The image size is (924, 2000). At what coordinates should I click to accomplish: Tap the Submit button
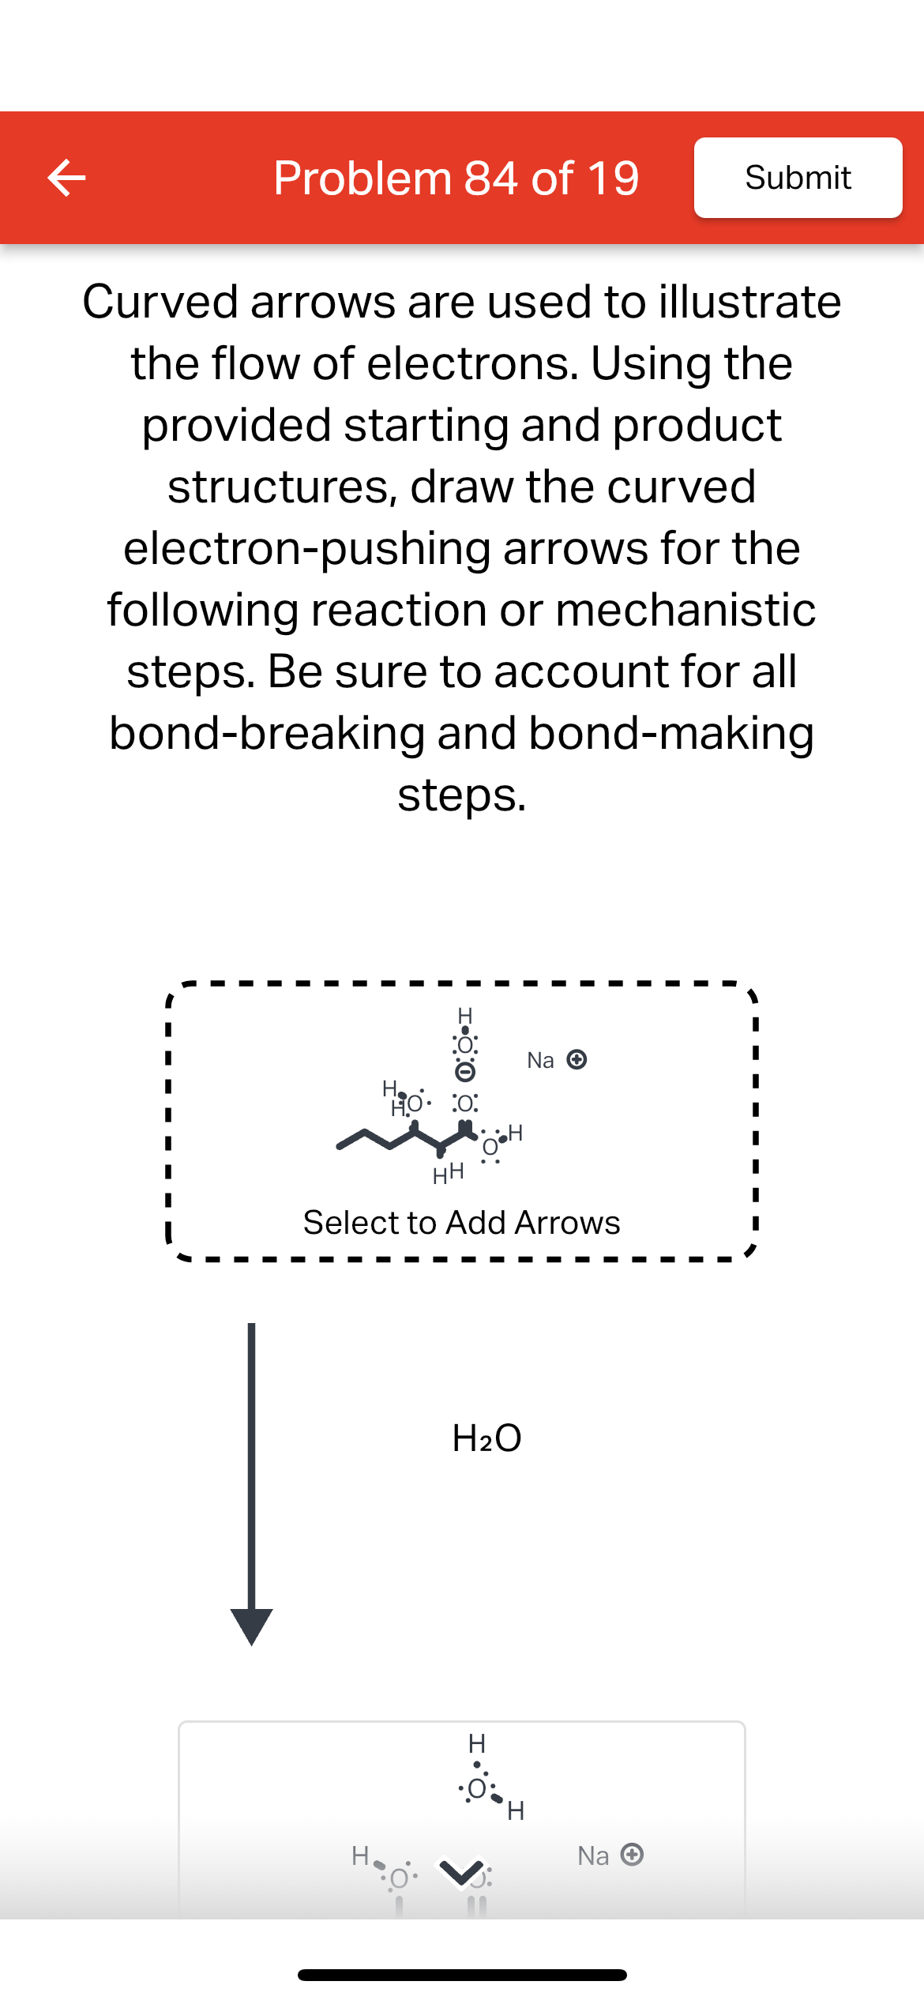798,178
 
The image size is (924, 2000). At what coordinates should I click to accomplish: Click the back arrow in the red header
66,178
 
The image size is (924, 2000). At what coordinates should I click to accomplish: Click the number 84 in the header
490,178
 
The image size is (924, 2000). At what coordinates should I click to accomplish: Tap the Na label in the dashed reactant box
540,1060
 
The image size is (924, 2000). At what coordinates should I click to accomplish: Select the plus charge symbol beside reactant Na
577,1059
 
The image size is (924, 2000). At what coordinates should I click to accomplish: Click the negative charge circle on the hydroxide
466,1072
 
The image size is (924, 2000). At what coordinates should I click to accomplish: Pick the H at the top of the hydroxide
465,1015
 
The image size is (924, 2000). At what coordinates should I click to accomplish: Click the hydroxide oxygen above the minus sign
465,1045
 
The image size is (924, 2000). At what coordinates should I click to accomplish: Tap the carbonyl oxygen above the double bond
465,1103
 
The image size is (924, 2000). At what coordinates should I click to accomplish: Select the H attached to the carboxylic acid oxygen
516,1133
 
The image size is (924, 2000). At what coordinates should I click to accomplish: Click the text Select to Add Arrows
461,1222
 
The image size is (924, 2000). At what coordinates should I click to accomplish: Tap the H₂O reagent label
486,1438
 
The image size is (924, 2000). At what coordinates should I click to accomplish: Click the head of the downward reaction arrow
251,1626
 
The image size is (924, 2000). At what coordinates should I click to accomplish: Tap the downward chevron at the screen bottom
462,1872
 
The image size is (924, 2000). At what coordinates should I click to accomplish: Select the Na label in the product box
593,1855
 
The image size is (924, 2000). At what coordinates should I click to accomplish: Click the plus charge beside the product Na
632,1854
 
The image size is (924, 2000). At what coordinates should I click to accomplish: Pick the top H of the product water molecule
477,1743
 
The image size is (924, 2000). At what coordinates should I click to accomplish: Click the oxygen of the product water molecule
476,1788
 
